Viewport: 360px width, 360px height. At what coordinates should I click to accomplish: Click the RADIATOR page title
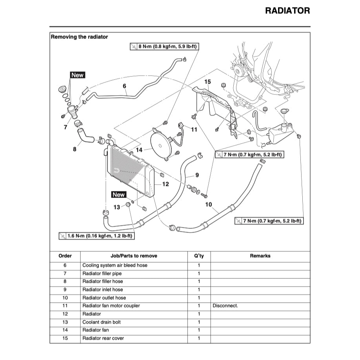click(287, 11)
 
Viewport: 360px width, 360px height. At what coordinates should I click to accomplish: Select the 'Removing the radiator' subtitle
click(79, 37)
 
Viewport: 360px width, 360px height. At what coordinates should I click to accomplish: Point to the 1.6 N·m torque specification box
click(96, 236)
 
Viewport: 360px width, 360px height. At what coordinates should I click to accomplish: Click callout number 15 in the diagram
click(207, 82)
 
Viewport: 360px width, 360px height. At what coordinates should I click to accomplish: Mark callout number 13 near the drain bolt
click(117, 207)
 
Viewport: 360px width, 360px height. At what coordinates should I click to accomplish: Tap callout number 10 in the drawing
click(209, 204)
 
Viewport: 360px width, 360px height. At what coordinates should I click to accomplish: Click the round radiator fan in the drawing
click(161, 145)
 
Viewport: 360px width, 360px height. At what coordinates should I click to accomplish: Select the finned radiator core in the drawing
click(127, 173)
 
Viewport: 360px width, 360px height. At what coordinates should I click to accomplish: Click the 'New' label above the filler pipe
click(77, 75)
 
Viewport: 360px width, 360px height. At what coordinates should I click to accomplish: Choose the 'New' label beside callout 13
click(118, 195)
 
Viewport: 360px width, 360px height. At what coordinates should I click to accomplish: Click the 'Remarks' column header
click(260, 256)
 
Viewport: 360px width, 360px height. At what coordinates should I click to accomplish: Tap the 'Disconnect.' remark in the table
click(225, 305)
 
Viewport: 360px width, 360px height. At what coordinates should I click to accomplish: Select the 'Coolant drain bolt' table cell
click(102, 322)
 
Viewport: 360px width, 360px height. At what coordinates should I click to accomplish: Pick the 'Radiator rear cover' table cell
click(104, 338)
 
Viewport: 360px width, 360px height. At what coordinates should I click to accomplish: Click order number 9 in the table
click(65, 289)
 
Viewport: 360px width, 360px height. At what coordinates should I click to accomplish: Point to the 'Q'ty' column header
click(199, 256)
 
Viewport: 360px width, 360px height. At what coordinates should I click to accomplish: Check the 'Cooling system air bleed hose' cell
click(115, 265)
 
